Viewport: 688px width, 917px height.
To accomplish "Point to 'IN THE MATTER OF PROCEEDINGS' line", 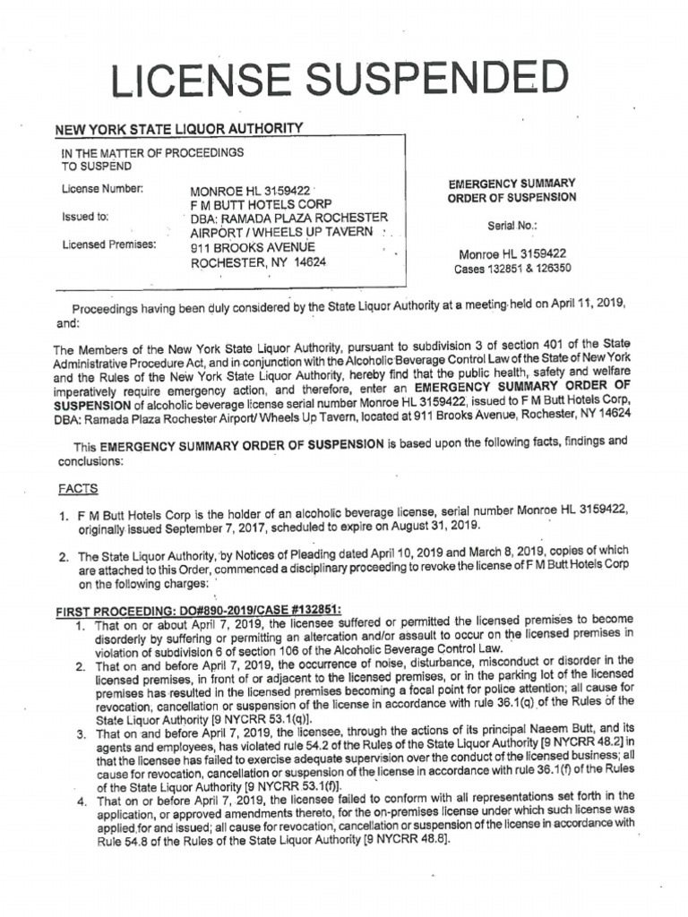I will click(x=152, y=153).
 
